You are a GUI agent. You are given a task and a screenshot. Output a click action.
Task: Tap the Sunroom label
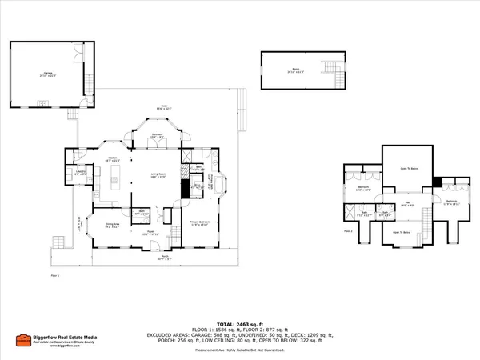[158, 135]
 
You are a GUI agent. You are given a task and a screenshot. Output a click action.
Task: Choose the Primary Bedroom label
[198, 222]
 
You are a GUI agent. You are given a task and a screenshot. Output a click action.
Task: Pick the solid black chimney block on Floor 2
[437, 182]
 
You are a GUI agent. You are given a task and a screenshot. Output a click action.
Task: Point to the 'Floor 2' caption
[348, 231]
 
